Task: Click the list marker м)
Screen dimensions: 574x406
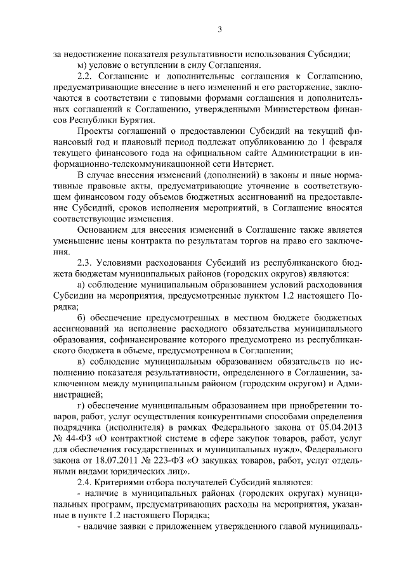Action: [x=82, y=65]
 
